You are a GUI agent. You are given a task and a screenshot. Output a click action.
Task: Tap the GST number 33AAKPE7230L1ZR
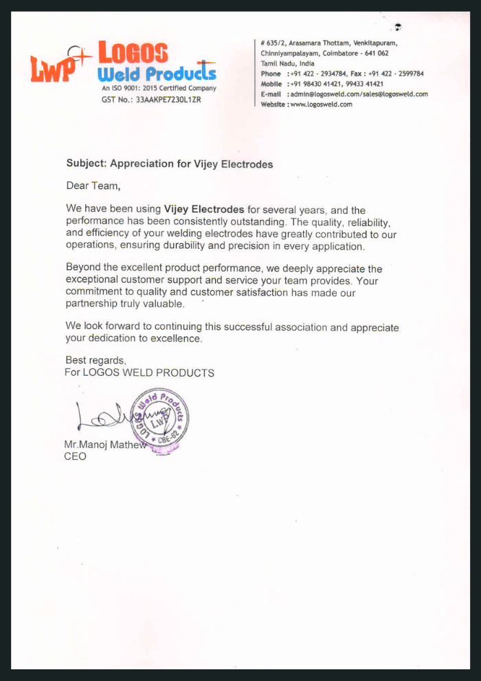pos(168,99)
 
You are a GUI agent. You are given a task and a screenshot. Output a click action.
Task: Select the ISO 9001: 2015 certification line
pos(159,88)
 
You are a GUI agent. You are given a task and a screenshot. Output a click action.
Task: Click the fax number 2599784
pos(408,74)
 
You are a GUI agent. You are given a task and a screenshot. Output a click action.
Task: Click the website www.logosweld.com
pos(321,104)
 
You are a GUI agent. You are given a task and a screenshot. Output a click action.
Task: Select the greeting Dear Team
pos(93,186)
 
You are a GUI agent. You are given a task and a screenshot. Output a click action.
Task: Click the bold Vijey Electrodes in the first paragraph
pos(204,210)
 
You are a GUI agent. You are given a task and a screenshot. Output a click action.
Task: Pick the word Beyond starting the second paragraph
pos(82,268)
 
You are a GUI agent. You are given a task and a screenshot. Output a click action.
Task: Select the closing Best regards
pos(96,360)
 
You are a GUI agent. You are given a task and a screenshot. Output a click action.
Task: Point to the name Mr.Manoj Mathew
pos(105,445)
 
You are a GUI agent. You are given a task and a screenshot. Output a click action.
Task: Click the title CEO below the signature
pos(75,456)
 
